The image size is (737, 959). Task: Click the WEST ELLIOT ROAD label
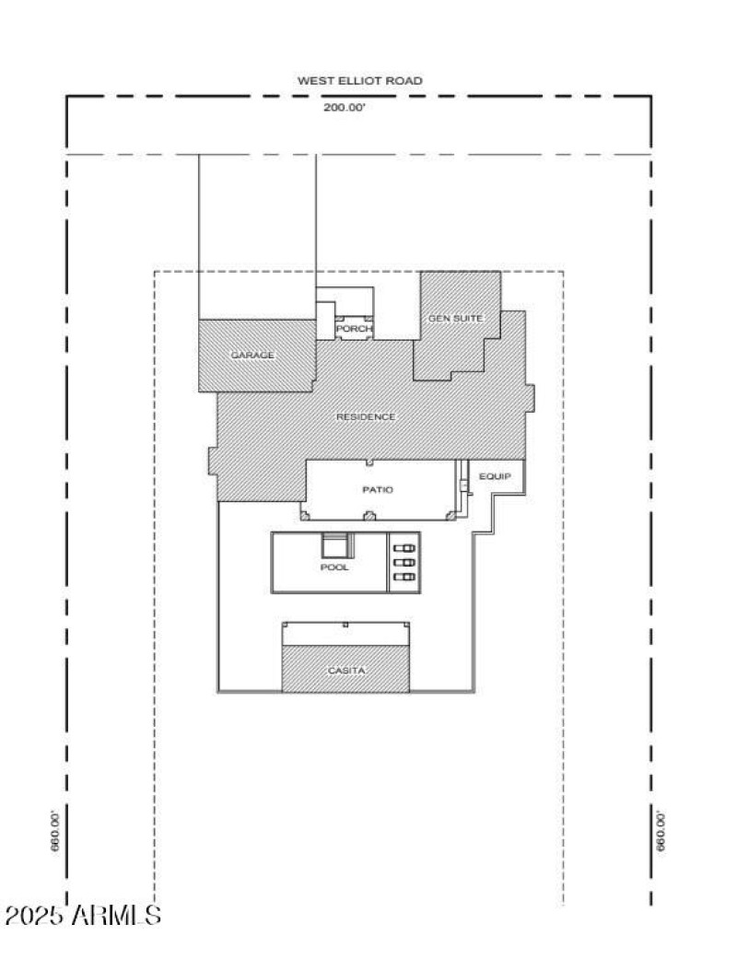[359, 81]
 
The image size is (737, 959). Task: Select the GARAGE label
[252, 355]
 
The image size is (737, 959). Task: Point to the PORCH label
[354, 329]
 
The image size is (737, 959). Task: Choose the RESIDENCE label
[366, 417]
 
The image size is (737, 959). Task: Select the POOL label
[334, 567]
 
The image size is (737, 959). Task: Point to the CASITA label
[346, 671]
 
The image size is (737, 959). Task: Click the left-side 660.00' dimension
[55, 831]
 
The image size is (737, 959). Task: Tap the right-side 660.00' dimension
[661, 831]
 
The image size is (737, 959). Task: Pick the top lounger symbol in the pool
[404, 548]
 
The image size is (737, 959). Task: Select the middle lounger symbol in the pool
[404, 562]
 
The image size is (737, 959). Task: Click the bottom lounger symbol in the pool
[404, 577]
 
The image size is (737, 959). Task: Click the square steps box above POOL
[334, 545]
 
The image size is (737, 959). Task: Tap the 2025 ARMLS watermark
[83, 916]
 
